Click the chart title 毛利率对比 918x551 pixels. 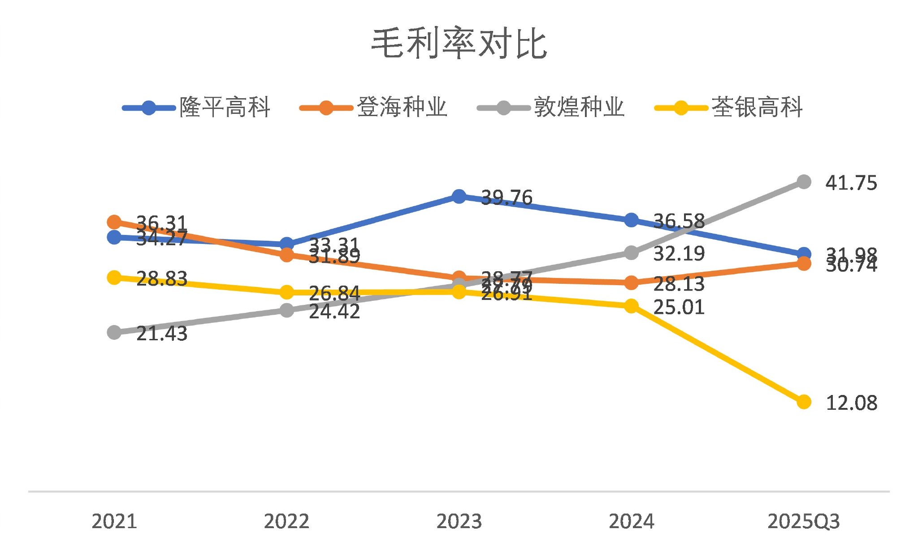click(459, 43)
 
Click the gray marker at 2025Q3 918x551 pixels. click(804, 182)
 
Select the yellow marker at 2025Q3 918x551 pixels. click(804, 402)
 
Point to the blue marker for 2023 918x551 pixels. click(459, 196)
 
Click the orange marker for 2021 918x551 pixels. click(114, 222)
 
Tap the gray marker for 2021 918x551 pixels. click(114, 332)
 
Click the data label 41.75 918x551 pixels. click(851, 183)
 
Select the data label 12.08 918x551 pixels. click(851, 403)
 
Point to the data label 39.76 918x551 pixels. click(507, 198)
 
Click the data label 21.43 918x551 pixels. click(161, 334)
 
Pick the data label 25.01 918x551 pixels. click(679, 308)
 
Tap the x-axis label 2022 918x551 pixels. click(286, 521)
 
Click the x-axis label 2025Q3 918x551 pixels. click(803, 521)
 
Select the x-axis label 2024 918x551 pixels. click(631, 521)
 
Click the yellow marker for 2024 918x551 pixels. click(631, 306)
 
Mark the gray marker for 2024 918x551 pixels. click(631, 253)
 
